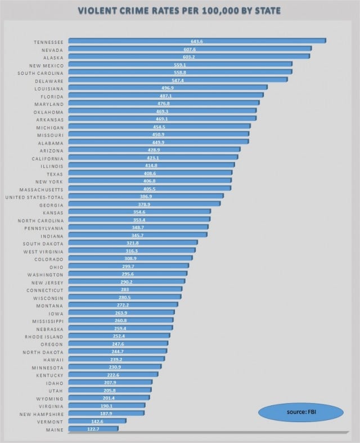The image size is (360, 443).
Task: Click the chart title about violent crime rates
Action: (180, 11)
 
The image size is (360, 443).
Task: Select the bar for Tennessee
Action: (197, 41)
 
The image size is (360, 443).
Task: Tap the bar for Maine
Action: (93, 428)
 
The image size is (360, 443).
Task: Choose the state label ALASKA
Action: (52, 57)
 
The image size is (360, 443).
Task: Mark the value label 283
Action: (124, 289)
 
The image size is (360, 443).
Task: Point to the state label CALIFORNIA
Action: (46, 158)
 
